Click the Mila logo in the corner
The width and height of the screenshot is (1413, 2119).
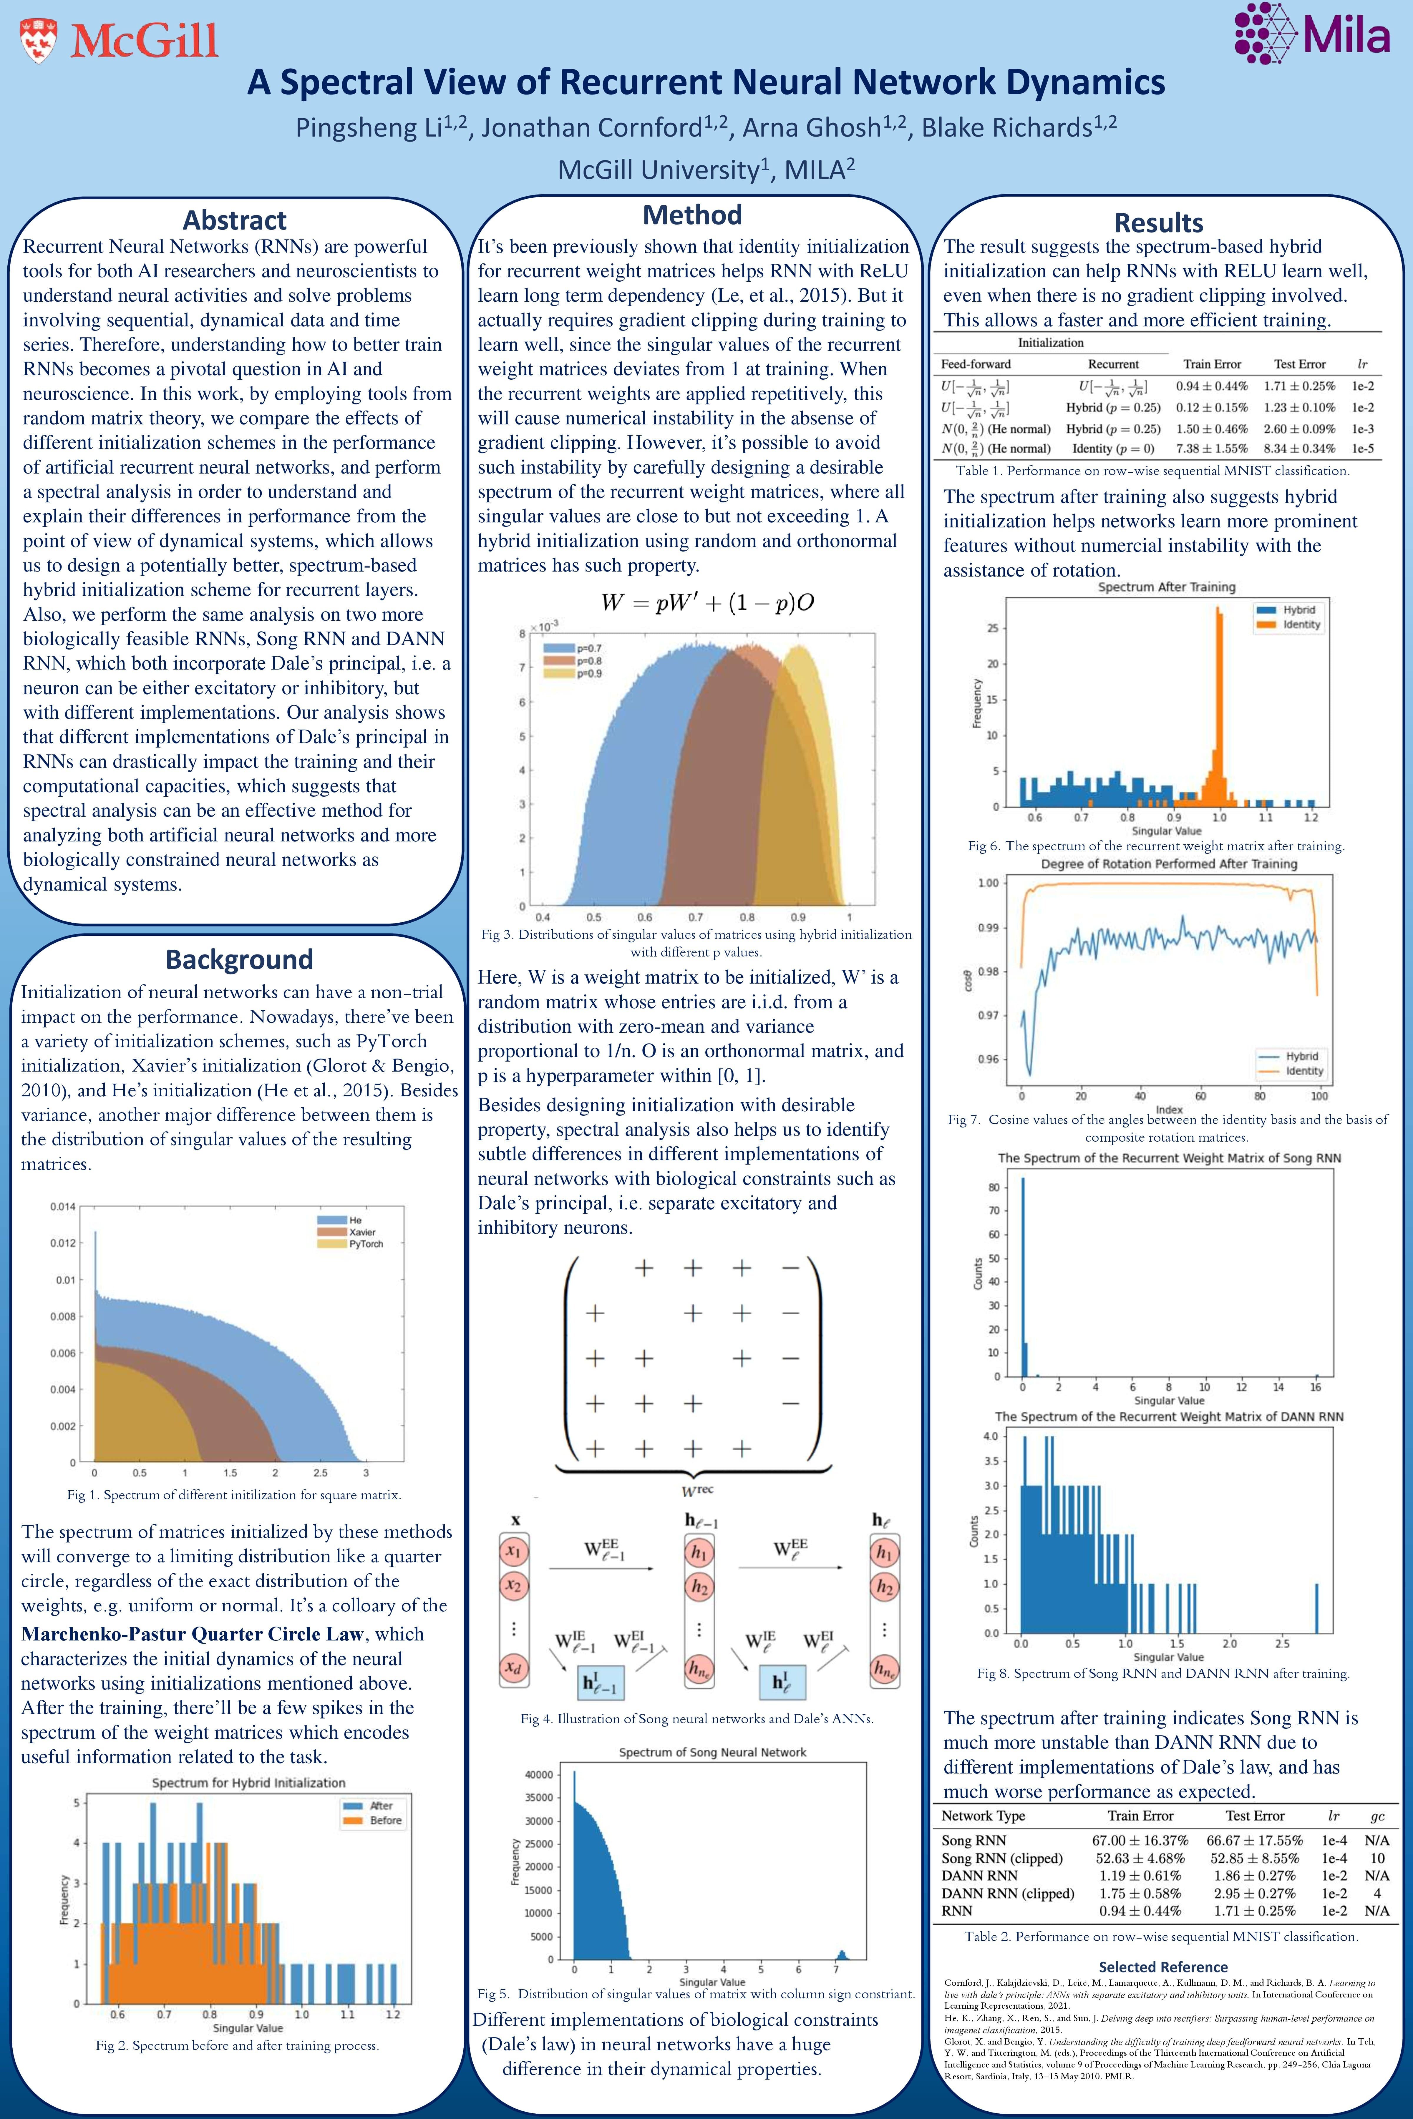pos(1312,34)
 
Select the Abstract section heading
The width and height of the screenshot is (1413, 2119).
pos(234,220)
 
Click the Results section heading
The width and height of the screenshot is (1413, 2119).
pos(1158,222)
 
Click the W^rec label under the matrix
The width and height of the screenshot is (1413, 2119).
pos(697,1490)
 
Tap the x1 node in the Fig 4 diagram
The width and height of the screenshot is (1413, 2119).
pos(513,1551)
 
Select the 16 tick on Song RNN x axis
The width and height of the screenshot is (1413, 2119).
pos(1316,1386)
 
